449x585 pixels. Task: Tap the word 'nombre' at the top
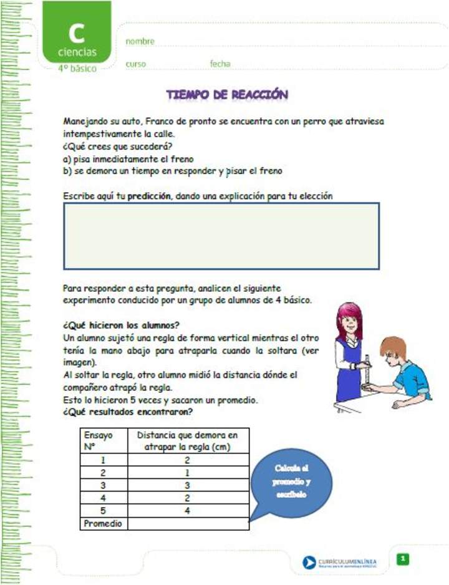(x=140, y=41)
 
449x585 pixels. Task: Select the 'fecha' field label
(x=220, y=64)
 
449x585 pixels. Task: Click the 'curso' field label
(x=135, y=64)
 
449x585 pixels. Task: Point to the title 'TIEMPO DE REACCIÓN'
(x=227, y=95)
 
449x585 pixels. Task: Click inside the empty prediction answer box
(x=221, y=236)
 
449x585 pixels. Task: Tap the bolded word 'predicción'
(x=150, y=196)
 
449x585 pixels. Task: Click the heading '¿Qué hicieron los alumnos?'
(x=122, y=325)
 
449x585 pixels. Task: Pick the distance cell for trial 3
(x=188, y=485)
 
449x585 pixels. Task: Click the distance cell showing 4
(x=188, y=511)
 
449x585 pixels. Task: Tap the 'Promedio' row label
(x=104, y=524)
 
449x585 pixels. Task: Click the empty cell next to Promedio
(x=188, y=524)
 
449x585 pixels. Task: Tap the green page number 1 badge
(x=403, y=559)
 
